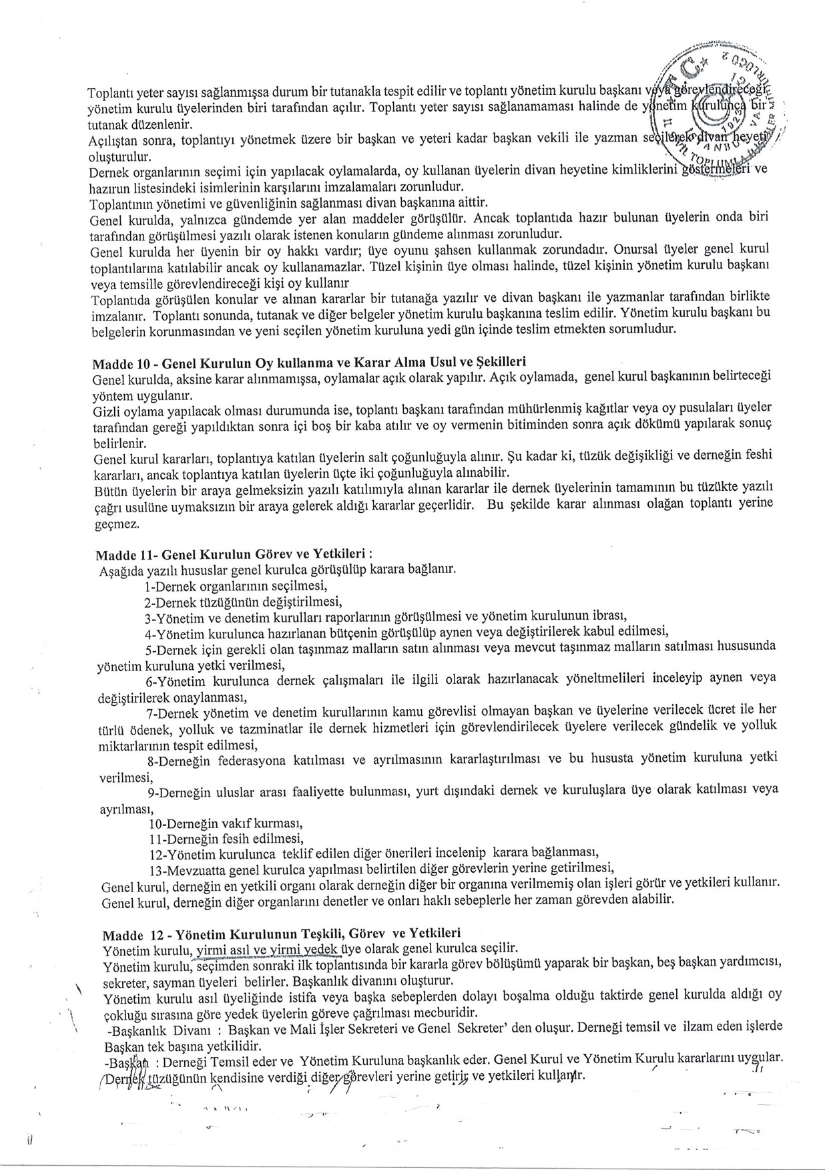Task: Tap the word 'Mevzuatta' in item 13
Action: [200, 869]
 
